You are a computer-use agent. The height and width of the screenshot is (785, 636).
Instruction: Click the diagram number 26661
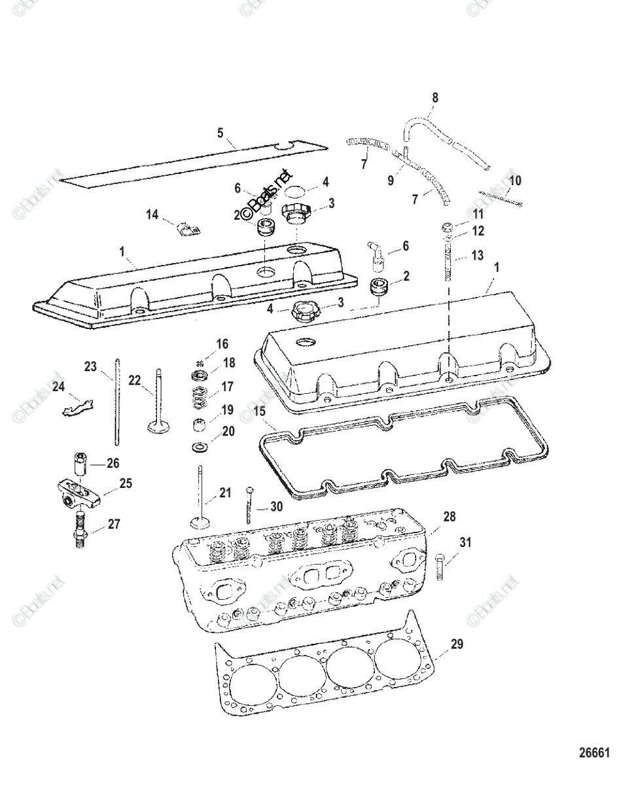593,753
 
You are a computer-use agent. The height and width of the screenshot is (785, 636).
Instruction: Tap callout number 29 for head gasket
456,644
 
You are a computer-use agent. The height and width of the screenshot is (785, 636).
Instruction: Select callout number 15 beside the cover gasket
260,412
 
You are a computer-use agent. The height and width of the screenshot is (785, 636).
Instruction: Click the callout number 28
449,517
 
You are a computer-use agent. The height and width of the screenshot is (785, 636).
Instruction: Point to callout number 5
221,133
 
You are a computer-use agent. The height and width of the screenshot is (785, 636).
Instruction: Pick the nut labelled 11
447,228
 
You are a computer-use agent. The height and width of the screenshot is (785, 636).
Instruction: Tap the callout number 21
225,493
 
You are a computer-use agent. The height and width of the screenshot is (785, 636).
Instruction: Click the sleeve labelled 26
82,464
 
